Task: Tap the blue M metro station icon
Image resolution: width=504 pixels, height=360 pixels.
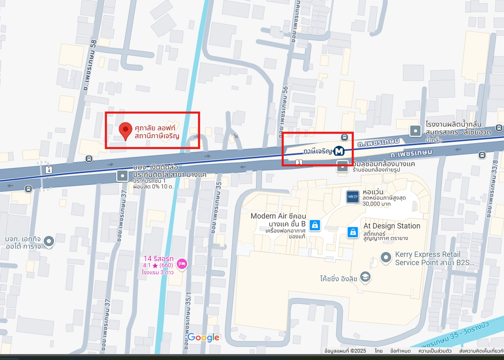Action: point(340,151)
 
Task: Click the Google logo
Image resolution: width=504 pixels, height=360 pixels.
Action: point(203,338)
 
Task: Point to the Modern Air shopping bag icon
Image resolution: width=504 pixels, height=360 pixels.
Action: point(315,225)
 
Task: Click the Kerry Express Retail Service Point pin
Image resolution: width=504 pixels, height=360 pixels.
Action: point(386,257)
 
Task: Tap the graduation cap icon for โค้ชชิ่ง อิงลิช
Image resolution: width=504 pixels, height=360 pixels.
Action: point(365,277)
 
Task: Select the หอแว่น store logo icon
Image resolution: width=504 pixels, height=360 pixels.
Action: point(353,197)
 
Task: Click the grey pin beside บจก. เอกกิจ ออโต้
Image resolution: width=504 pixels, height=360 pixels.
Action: point(49,241)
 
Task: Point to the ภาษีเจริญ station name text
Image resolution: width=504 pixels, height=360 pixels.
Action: point(317,151)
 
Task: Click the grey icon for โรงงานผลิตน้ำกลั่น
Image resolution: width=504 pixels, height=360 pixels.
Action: point(415,131)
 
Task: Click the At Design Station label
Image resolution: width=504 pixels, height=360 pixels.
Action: point(391,226)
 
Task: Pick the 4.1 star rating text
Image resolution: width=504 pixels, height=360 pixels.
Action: point(158,265)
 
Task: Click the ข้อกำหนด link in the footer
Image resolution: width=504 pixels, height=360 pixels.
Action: point(400,351)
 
